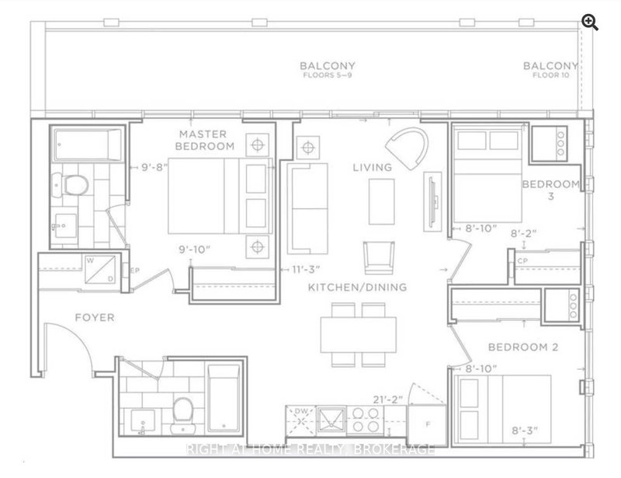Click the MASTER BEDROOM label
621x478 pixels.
click(x=205, y=141)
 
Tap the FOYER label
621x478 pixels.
click(x=95, y=317)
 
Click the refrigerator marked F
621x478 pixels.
click(x=429, y=424)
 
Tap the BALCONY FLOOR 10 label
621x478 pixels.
click(x=550, y=70)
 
